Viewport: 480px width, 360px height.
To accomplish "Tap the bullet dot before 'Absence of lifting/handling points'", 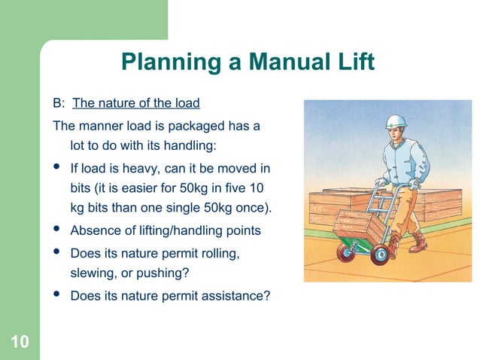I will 57,229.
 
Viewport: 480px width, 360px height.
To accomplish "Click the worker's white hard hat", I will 396,123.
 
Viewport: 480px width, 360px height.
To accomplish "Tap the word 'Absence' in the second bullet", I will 93,230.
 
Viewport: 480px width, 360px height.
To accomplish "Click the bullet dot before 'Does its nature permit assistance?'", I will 57,294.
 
